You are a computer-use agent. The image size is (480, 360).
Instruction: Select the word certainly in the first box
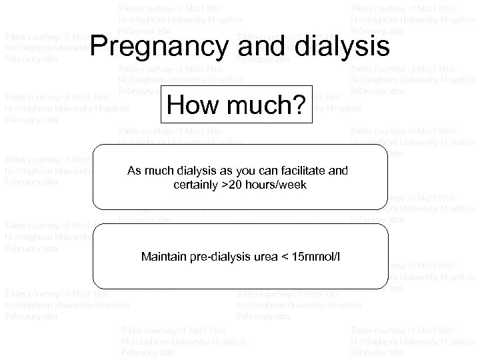[x=193, y=184]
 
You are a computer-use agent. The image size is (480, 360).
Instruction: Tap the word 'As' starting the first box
[x=133, y=171]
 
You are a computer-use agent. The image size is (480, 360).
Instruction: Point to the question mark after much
[x=300, y=105]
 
